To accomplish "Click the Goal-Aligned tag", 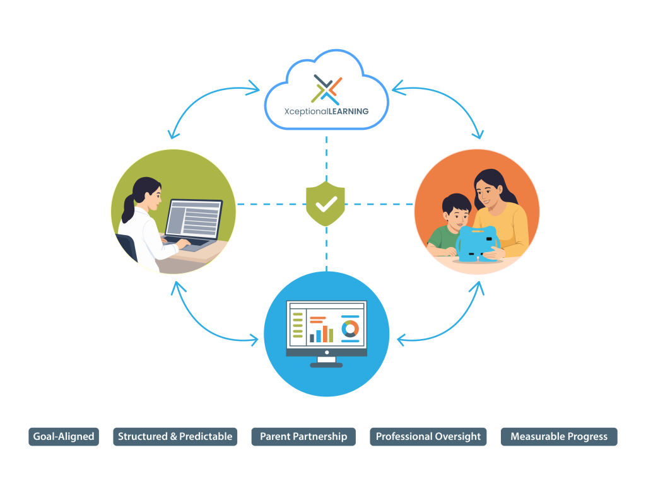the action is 64,437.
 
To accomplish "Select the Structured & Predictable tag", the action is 175,437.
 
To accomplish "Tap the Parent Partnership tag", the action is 303,437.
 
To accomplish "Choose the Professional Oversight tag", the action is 428,437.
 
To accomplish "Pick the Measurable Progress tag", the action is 559,437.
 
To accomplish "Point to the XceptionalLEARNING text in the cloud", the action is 326,112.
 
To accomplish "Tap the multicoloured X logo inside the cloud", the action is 326,89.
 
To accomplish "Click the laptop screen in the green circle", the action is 194,219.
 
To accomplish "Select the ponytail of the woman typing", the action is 129,208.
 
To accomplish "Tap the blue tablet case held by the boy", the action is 478,244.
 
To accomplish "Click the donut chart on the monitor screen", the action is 350,329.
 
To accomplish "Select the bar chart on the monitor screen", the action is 321,334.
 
